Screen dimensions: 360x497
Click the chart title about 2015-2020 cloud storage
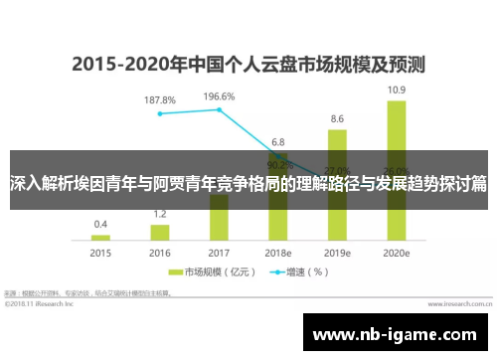point(248,66)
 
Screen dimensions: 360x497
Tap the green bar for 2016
point(160,232)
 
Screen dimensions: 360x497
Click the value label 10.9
point(396,90)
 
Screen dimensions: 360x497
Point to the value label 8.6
point(337,118)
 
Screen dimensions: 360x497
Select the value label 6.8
point(278,141)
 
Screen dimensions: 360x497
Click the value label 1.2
point(160,214)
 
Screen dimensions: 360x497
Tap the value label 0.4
point(101,224)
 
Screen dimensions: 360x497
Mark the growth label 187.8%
point(160,100)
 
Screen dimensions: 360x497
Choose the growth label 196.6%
point(219,96)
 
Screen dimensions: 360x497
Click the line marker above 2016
point(160,113)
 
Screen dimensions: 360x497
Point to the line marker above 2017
point(219,109)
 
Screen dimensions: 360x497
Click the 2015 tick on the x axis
point(101,254)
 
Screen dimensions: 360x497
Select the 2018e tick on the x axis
point(278,254)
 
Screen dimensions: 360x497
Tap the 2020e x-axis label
point(396,254)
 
